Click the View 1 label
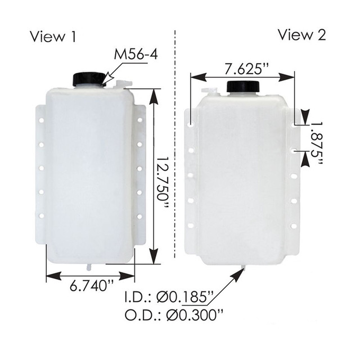[53, 37]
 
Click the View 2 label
[301, 35]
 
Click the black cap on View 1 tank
[87, 79]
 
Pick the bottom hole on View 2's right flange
[294, 226]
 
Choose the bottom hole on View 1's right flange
[139, 217]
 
